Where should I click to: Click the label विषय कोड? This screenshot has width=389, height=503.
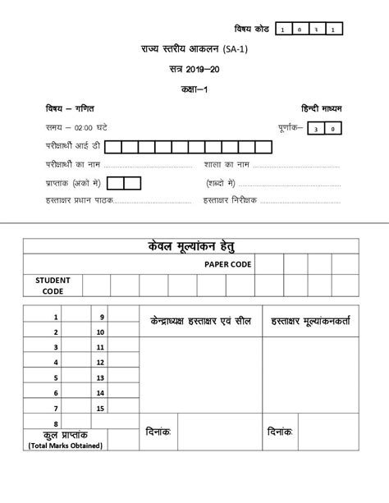[x=250, y=29]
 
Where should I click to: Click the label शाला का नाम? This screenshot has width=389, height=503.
[x=223, y=164]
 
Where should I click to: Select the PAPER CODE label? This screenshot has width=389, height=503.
[x=228, y=263]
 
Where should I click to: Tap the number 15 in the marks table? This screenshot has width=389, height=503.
[x=100, y=408]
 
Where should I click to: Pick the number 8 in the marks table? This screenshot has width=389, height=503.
[x=56, y=423]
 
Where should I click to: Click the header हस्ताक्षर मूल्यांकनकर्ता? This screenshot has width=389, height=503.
[x=308, y=320]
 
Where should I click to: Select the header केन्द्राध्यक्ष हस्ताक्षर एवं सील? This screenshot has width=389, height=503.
[x=202, y=320]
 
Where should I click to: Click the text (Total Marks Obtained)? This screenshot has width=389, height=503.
[x=65, y=446]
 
